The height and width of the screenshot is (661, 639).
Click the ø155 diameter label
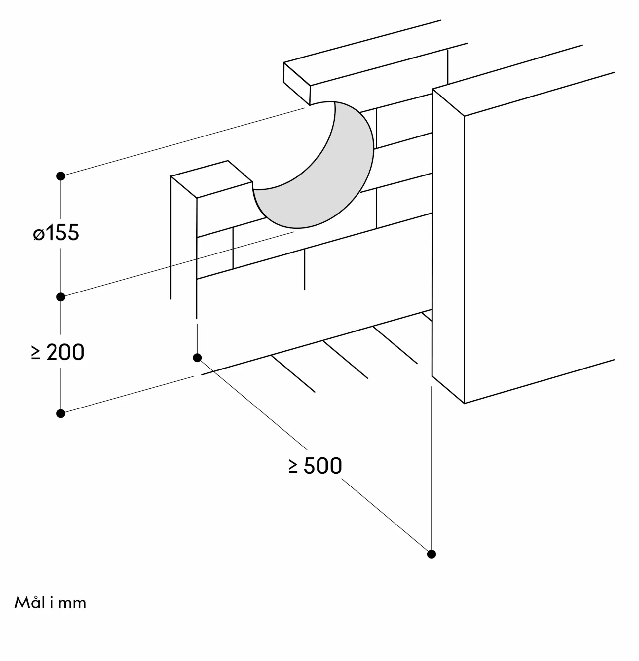click(56, 232)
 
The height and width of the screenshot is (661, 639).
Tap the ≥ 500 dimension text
click(315, 466)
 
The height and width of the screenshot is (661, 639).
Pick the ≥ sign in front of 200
click(36, 353)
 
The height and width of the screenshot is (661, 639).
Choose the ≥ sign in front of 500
click(293, 466)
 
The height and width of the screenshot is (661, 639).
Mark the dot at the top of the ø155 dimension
click(61, 176)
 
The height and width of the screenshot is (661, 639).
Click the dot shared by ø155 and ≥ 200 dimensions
click(61, 297)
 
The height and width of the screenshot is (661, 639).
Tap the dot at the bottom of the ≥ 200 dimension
click(61, 413)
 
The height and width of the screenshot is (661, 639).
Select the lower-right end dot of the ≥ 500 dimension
click(431, 554)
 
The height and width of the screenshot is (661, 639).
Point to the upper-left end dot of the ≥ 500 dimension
click(197, 358)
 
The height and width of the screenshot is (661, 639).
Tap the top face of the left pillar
click(211, 179)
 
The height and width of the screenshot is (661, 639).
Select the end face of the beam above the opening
click(297, 84)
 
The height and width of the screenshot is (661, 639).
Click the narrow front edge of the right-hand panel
click(448, 246)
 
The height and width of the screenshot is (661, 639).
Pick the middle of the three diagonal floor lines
click(346, 360)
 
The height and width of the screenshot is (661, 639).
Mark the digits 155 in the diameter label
click(62, 232)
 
